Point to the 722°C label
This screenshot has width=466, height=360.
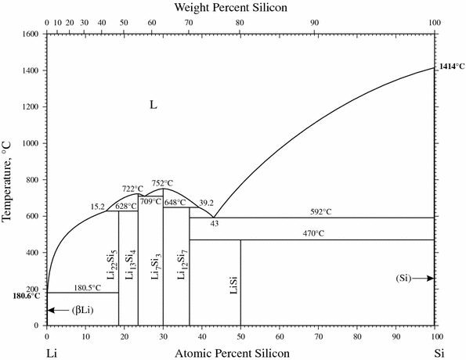tap(132, 189)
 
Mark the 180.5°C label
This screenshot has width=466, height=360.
tap(86, 287)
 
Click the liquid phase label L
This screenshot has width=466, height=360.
tap(154, 104)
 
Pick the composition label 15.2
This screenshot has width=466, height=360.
tap(97, 207)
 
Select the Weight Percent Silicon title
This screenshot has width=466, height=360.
tap(240, 8)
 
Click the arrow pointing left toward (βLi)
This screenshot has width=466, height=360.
tap(57, 311)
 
